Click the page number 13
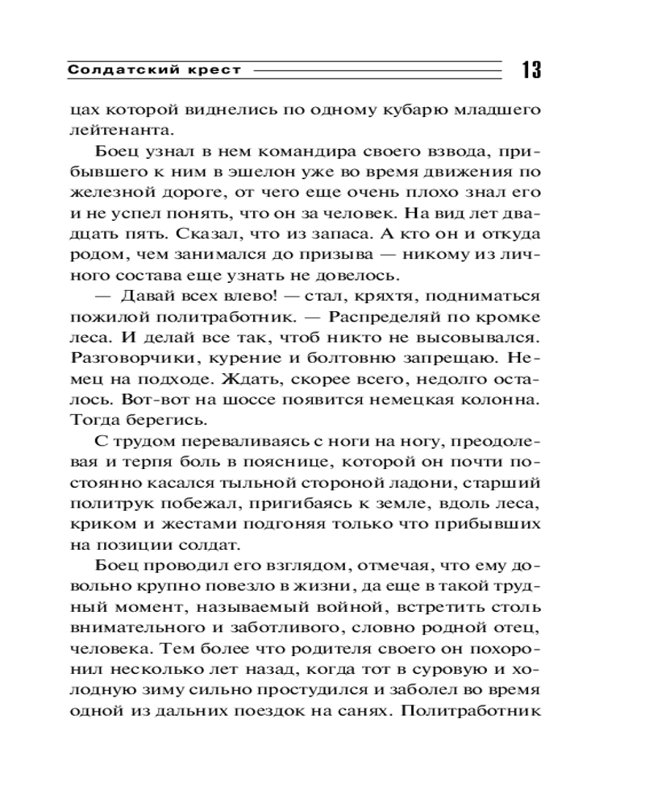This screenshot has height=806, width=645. coord(530,69)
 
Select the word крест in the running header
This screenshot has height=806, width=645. coord(216,70)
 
